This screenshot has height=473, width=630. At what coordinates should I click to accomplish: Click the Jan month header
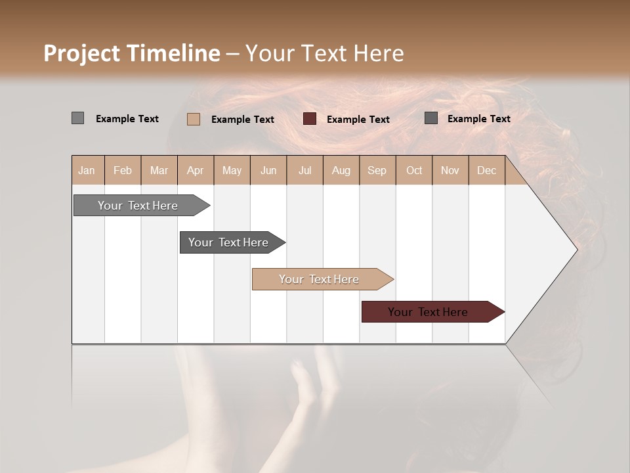tap(87, 170)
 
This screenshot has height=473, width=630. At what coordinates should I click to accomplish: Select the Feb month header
tap(123, 170)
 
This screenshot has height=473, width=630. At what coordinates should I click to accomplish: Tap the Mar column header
tap(159, 170)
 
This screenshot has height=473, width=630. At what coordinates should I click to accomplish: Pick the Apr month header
tap(195, 170)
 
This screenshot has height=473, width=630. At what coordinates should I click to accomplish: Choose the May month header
tap(232, 170)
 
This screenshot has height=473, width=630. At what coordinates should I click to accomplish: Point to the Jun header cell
tap(268, 170)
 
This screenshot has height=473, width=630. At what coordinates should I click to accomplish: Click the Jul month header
tap(304, 170)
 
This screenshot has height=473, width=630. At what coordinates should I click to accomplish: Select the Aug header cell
tap(341, 170)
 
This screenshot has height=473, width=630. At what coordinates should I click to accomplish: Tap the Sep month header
tap(377, 170)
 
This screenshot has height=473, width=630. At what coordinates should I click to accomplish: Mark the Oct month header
tap(414, 170)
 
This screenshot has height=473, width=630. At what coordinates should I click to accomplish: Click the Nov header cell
tap(450, 170)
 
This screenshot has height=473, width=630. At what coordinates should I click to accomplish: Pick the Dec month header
tap(486, 170)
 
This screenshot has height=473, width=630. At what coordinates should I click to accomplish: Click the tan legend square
tap(194, 119)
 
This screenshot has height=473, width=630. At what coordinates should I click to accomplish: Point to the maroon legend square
tap(310, 119)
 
